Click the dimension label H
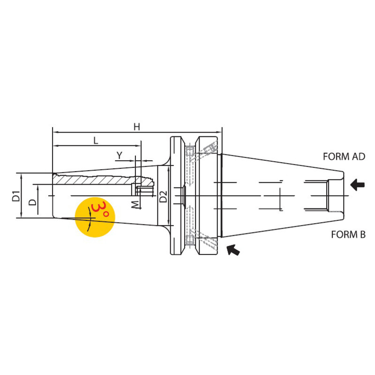pyautogui.click(x=136, y=126)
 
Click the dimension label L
pyautogui.click(x=96, y=140)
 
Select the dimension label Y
pyautogui.click(x=120, y=155)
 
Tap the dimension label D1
pyautogui.click(x=16, y=195)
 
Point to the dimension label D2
pyautogui.click(x=163, y=197)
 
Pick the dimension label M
pyautogui.click(x=135, y=204)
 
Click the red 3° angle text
pyautogui.click(x=100, y=210)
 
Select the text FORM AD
pyautogui.click(x=344, y=157)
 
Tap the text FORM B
pyautogui.click(x=348, y=234)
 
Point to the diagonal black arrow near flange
pyautogui.click(x=233, y=250)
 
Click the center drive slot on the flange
pyautogui.click(x=180, y=195)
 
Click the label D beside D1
pyautogui.click(x=32, y=202)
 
